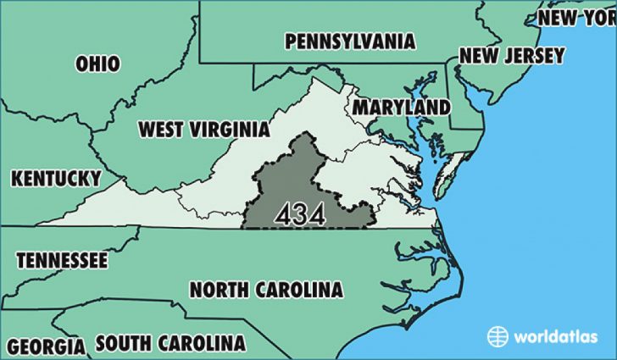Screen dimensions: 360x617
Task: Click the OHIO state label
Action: tap(97, 64)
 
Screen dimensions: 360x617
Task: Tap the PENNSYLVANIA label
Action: tap(350, 42)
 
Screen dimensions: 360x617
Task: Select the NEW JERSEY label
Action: tap(511, 56)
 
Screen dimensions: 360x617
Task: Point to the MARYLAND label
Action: tap(401, 108)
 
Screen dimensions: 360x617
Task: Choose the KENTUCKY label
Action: tap(56, 179)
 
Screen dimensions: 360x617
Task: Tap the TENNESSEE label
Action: tap(62, 259)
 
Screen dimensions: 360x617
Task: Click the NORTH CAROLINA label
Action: tap(266, 290)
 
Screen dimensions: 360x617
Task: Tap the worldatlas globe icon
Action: tap(497, 336)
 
